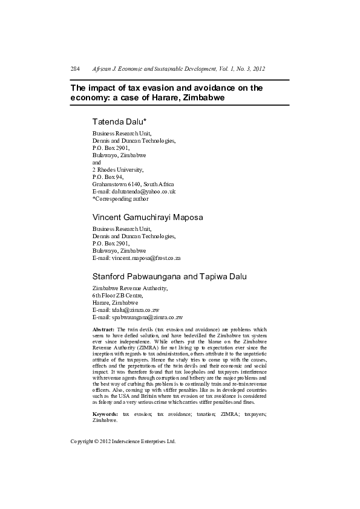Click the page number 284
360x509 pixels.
pyautogui.click(x=76, y=70)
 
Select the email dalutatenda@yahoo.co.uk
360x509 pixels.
pyautogui.click(x=142, y=191)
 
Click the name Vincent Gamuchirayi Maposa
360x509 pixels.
pyautogui.click(x=148, y=217)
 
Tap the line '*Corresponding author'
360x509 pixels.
pyautogui.click(x=120, y=198)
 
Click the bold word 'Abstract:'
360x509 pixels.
pyautogui.click(x=105, y=329)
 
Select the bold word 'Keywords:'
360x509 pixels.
pyautogui.click(x=105, y=414)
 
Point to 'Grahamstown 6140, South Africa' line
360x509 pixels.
pyautogui.click(x=133, y=184)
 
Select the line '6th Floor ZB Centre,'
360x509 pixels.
pyautogui.click(x=117, y=295)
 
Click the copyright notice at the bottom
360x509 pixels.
pyautogui.click(x=123, y=442)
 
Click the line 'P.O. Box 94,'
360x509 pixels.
pyautogui.click(x=108, y=177)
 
